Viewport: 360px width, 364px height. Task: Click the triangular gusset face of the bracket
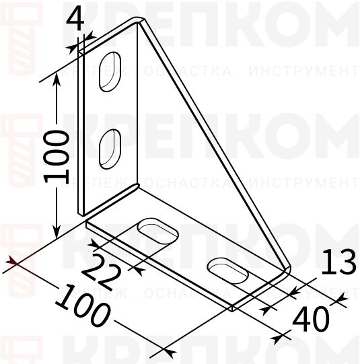click(x=195, y=168)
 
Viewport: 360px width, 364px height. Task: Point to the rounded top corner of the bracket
click(x=140, y=22)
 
